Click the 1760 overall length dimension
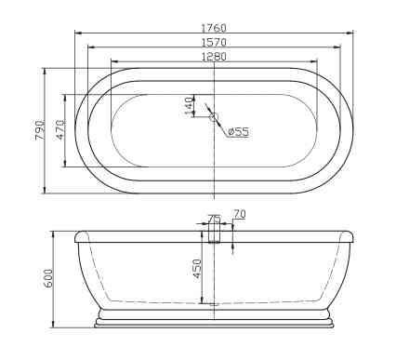[x=214, y=28]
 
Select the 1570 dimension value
[x=214, y=42]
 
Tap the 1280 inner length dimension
[x=214, y=57]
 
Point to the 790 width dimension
[x=40, y=130]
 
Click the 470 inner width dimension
[x=60, y=129]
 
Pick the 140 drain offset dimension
[x=189, y=106]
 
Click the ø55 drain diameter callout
[x=238, y=132]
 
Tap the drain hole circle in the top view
[x=214, y=117]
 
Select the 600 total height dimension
[x=48, y=278]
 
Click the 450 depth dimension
[x=197, y=269]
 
